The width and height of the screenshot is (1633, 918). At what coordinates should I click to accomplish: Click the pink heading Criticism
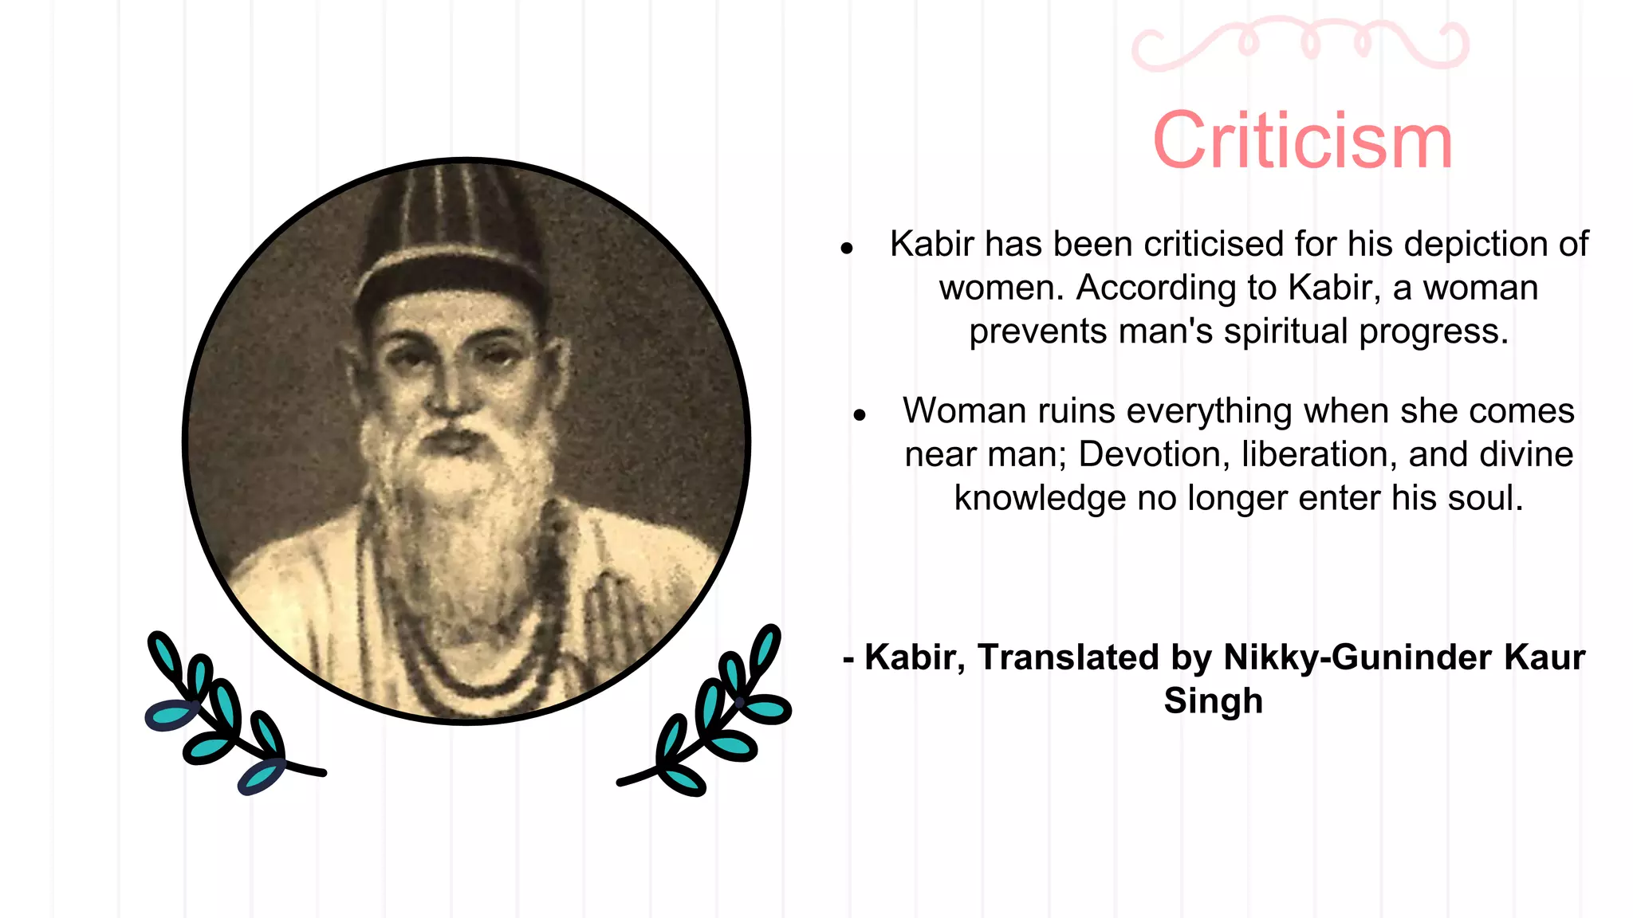coord(1303,142)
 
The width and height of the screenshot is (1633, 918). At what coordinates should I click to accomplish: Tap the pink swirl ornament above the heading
coord(1300,44)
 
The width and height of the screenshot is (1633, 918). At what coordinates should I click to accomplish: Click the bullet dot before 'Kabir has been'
coord(847,249)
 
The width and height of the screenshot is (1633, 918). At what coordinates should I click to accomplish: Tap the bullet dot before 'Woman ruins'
coord(859,415)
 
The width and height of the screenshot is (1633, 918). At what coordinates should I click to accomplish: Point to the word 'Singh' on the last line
coord(1213,701)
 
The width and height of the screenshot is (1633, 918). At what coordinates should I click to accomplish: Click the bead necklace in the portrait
coord(470,653)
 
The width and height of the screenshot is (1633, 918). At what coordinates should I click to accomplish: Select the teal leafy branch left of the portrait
coord(223,717)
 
